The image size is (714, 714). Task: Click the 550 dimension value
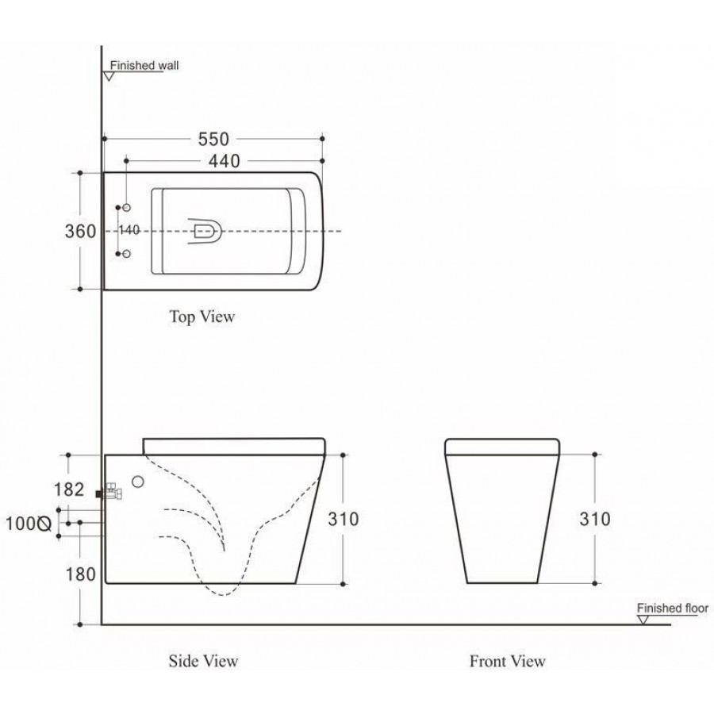pos(213,140)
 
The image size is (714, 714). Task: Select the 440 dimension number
pos(224,161)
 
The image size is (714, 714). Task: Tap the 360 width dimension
pos(80,232)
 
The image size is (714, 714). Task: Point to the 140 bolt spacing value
pos(129,230)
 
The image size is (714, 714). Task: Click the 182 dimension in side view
pos(69,489)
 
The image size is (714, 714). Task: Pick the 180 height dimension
pos(81,574)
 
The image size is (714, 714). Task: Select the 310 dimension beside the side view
pos(344,519)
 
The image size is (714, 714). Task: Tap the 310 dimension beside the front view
pos(595,519)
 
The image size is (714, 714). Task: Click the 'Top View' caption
pos(202,317)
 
